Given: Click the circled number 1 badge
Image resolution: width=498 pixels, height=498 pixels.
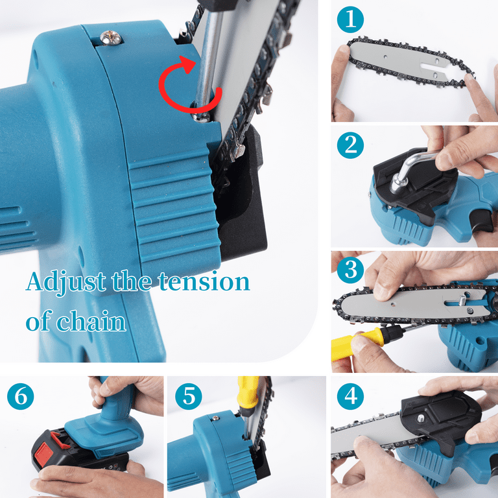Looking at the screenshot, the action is [350, 19].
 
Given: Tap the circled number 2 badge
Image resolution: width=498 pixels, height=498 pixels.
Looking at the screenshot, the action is [350, 145].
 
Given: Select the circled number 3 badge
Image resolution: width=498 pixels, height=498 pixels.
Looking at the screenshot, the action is [350, 270].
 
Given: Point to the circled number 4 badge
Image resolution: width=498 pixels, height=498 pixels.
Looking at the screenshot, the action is [350, 396].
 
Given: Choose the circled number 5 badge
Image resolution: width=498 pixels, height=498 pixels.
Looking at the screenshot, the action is [188, 396].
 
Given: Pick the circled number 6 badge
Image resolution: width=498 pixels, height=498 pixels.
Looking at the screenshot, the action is [21, 396].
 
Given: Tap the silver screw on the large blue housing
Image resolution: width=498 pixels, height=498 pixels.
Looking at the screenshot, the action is [111, 38].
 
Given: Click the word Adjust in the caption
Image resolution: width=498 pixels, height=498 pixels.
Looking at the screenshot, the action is [66, 282].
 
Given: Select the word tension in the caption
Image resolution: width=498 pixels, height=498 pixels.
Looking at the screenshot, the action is [204, 281].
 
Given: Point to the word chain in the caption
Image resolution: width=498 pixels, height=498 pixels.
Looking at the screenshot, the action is [91, 322].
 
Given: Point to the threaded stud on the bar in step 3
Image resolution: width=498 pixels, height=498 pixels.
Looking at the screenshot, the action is [463, 300].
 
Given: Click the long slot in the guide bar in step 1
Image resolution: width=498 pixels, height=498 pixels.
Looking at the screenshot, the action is [434, 66].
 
